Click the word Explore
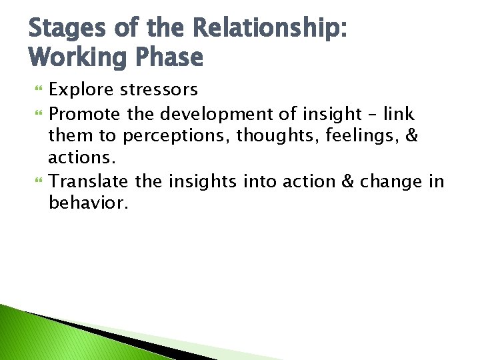(82, 89)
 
